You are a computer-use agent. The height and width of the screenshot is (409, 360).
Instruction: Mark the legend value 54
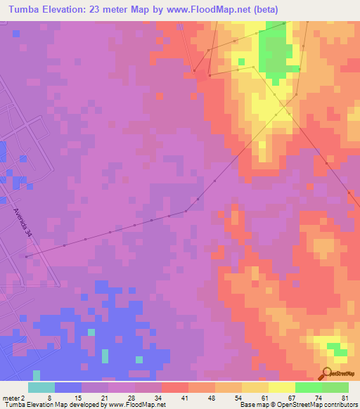(243, 397)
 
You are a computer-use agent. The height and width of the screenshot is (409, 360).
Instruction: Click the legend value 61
(270, 397)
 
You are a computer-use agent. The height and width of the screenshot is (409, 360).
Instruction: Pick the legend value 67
(297, 397)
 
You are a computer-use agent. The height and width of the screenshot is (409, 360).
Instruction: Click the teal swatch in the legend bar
(41, 387)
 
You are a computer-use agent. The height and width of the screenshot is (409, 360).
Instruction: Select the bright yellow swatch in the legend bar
(281, 387)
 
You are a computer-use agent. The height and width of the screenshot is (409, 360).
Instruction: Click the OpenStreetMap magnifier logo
(327, 374)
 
